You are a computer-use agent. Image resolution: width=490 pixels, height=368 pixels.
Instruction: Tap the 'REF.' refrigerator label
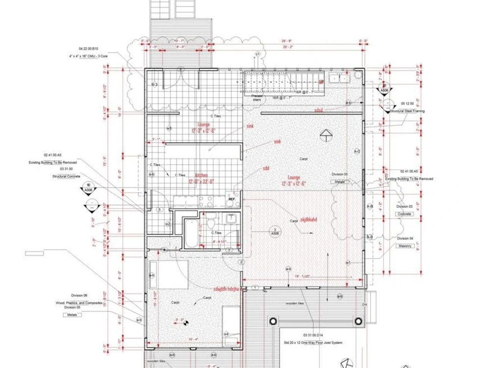click(x=231, y=200)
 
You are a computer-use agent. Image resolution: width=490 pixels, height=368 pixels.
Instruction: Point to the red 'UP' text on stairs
click(x=321, y=82)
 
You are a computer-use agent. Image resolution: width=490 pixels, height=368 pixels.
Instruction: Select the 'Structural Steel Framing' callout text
click(x=407, y=111)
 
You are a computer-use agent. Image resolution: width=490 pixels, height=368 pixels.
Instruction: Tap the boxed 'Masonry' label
click(x=405, y=245)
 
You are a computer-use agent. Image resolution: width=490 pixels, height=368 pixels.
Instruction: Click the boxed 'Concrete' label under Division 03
click(x=405, y=214)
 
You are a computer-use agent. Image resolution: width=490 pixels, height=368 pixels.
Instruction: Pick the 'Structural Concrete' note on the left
click(x=67, y=176)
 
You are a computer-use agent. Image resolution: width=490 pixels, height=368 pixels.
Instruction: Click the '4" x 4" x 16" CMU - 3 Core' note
click(x=88, y=56)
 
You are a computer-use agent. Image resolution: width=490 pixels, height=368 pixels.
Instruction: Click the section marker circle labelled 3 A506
click(x=276, y=232)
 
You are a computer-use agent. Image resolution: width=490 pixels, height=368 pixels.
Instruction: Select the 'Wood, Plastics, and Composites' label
click(x=79, y=303)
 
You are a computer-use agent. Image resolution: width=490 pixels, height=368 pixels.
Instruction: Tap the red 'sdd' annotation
click(x=266, y=168)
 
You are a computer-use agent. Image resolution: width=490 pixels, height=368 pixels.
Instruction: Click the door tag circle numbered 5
click(x=159, y=210)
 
